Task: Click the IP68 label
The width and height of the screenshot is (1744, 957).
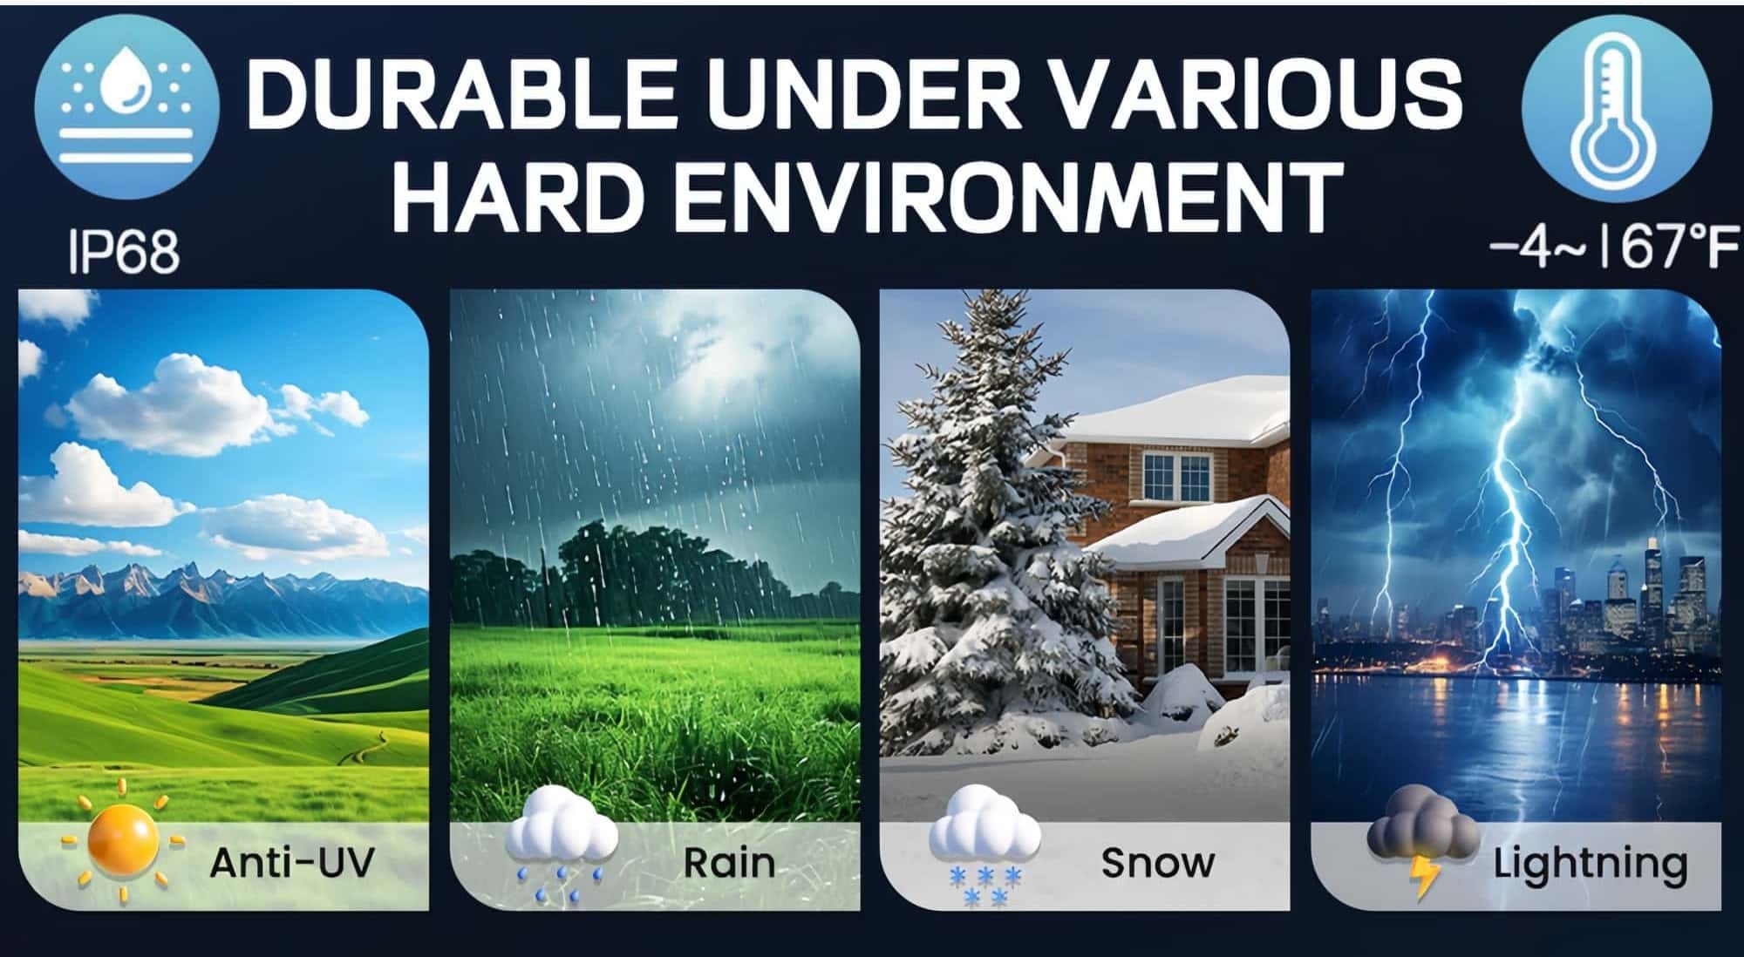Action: (x=124, y=251)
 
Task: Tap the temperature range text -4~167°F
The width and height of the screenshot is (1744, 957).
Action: (x=1613, y=248)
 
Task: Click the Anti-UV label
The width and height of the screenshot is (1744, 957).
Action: (x=292, y=863)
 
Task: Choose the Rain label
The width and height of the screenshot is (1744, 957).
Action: (x=729, y=863)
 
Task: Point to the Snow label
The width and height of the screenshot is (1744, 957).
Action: (x=1157, y=863)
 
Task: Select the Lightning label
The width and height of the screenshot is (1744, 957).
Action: (x=1591, y=865)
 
